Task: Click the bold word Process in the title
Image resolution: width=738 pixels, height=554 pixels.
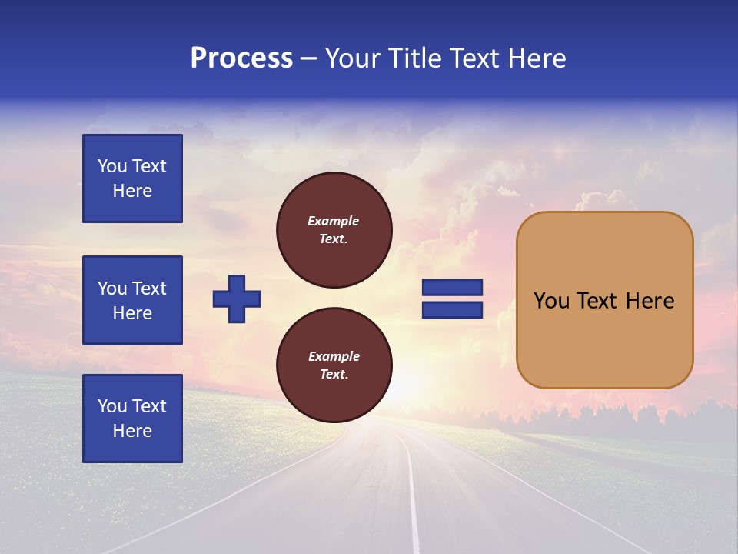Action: tap(241, 58)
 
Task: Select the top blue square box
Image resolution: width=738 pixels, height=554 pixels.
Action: tap(132, 179)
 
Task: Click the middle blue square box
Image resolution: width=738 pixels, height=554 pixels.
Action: tap(132, 300)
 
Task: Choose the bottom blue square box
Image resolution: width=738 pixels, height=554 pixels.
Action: tap(132, 419)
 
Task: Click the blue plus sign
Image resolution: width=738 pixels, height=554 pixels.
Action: tap(237, 299)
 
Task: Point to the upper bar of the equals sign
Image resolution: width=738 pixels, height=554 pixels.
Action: tap(452, 288)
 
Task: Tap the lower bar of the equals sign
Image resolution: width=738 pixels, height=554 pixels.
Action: tap(452, 310)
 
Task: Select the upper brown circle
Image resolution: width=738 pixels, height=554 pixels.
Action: tap(334, 230)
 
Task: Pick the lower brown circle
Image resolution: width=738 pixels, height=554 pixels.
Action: tap(334, 365)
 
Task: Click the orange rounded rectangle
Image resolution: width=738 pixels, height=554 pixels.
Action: tap(604, 300)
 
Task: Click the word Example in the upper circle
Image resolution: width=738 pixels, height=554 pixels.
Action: tap(334, 221)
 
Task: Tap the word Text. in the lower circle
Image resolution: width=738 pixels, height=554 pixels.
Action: tap(334, 375)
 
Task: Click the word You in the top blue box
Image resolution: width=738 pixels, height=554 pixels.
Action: tap(112, 166)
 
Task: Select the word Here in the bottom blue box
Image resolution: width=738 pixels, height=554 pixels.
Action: tap(132, 431)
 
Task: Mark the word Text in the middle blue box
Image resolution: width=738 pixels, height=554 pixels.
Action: tap(150, 289)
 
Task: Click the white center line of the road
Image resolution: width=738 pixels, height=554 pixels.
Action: tap(414, 500)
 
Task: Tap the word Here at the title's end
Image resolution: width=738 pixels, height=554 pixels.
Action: tap(537, 58)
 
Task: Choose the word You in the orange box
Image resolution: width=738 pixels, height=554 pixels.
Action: tap(551, 301)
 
